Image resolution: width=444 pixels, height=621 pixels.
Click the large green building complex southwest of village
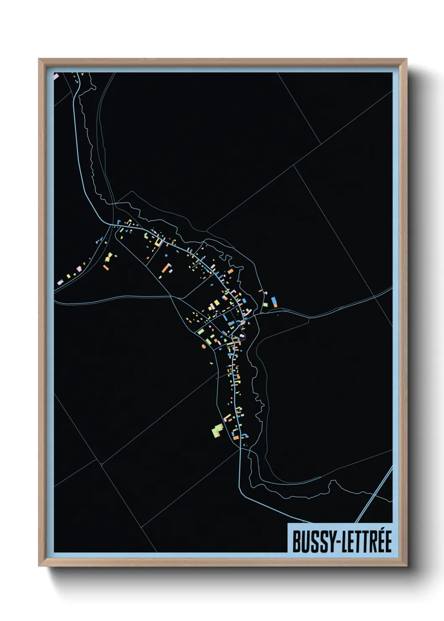(217, 431)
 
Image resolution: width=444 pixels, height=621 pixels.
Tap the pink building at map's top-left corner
(56, 76)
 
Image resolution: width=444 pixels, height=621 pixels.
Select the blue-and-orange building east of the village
(274, 302)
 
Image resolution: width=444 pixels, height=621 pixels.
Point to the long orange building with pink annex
(167, 269)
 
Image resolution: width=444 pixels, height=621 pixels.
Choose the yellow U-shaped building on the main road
(158, 242)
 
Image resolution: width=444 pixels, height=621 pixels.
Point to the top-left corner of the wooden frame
(39, 59)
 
